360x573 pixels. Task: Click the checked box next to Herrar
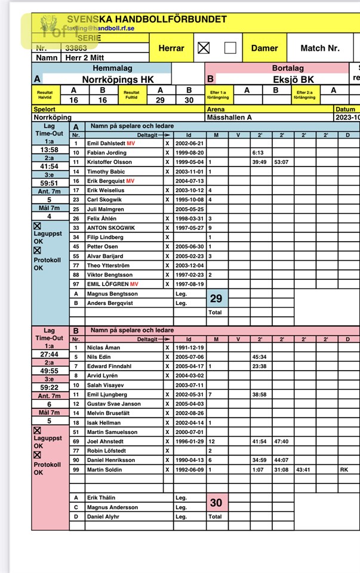coord(204,48)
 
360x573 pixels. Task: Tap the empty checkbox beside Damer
coord(230,48)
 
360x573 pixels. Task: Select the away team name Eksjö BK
coord(276,79)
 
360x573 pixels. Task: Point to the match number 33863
coord(76,48)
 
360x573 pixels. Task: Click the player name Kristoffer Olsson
coord(110,162)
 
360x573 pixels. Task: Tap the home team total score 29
coord(216,298)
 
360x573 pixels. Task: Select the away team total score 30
coord(216,503)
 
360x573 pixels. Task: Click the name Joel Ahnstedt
coord(106,441)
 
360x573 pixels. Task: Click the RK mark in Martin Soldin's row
coord(344,470)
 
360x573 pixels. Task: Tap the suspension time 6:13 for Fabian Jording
coord(258,153)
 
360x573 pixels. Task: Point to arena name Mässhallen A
coord(229,118)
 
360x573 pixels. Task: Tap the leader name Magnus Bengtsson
coord(112,294)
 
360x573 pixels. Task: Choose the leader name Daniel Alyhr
coord(104,517)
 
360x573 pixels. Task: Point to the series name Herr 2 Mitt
coord(82,58)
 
